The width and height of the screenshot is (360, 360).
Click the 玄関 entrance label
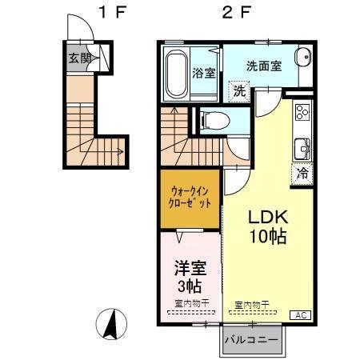point(78,58)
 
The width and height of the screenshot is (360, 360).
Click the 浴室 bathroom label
point(203,73)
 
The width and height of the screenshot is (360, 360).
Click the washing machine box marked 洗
point(239,91)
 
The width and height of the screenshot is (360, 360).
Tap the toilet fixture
point(211,120)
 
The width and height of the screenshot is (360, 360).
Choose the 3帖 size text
point(188,286)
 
